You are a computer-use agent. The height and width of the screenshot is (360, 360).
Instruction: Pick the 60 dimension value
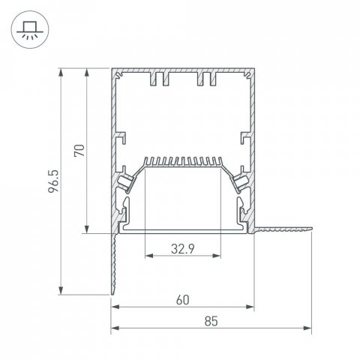click(182, 299)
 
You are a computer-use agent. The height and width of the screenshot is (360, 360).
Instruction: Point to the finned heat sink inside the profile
click(183, 162)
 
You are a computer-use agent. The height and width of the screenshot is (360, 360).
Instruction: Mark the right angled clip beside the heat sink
click(241, 180)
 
